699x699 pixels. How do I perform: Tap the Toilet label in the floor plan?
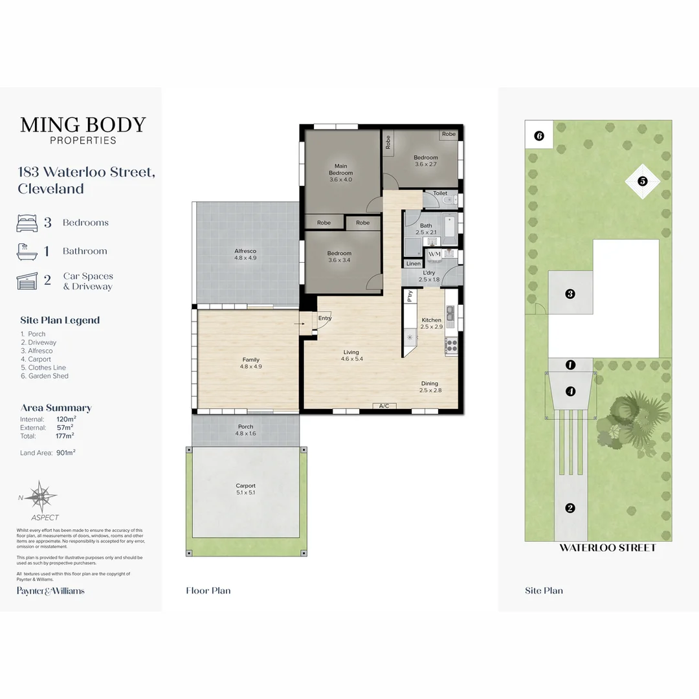point(440,193)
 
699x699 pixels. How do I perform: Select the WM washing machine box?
point(434,254)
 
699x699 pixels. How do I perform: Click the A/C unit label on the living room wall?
point(384,406)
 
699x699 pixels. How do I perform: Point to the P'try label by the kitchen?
point(410,296)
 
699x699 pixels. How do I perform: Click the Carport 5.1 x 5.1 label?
point(245,489)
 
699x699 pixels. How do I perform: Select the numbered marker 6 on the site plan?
point(539,136)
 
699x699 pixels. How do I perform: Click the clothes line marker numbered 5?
point(643,181)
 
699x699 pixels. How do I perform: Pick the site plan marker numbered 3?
point(570,294)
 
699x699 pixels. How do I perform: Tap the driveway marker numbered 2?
point(570,508)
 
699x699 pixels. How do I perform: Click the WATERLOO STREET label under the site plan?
point(607,548)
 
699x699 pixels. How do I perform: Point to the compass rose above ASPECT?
point(44,497)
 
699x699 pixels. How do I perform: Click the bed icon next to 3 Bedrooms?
point(27,223)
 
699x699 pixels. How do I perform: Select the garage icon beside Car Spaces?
point(27,281)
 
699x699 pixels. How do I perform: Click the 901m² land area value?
point(66,452)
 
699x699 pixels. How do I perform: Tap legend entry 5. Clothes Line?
point(43,368)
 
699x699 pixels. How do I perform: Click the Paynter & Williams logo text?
point(50,590)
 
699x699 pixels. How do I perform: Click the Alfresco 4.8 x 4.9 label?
point(245,254)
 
